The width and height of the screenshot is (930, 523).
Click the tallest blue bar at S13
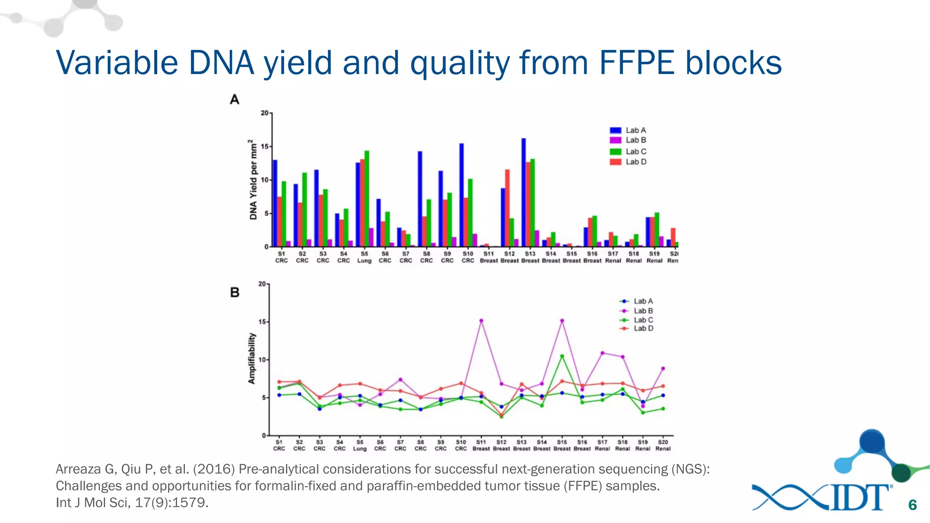[524, 192]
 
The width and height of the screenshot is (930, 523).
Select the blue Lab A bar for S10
[461, 195]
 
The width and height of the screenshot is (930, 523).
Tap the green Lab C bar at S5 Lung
[367, 199]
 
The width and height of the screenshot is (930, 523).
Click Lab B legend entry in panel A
[628, 140]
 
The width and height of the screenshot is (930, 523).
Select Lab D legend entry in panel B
[637, 328]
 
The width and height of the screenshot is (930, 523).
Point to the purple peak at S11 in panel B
[481, 321]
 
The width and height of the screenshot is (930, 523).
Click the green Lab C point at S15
[562, 356]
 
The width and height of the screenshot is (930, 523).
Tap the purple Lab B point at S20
[663, 369]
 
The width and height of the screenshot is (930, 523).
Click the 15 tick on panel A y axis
[265, 147]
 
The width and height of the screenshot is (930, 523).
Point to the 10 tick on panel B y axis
[262, 360]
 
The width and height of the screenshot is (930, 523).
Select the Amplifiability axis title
[252, 359]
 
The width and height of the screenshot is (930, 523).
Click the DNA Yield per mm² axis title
[253, 180]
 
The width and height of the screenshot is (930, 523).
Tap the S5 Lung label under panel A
[364, 257]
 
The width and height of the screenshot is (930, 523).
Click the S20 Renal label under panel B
[663, 445]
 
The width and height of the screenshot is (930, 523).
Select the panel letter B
[235, 292]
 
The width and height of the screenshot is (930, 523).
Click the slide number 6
[912, 505]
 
